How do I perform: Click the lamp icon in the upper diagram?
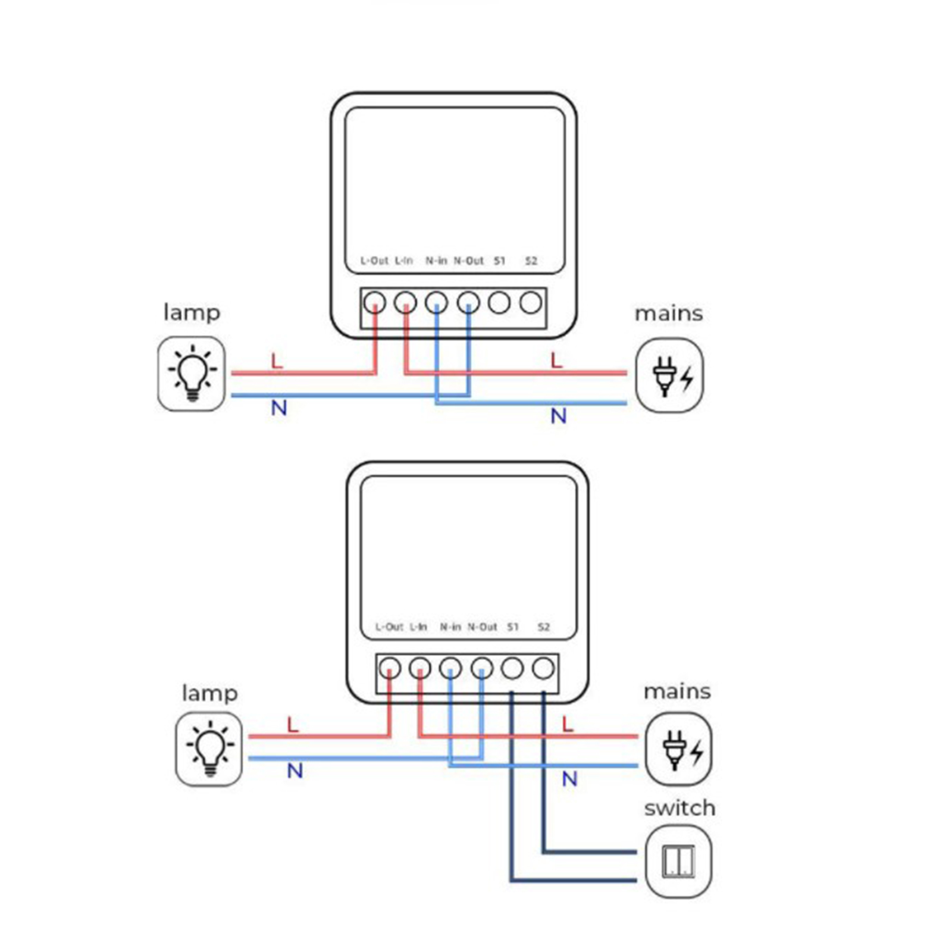(x=192, y=373)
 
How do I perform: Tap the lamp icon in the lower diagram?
(x=209, y=749)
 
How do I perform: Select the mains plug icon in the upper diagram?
(x=669, y=375)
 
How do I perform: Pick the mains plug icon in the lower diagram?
(x=678, y=749)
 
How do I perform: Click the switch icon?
(x=678, y=860)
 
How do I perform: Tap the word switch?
(x=679, y=808)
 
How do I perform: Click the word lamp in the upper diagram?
(x=192, y=312)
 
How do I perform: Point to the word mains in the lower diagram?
(x=677, y=691)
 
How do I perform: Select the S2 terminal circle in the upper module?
(x=531, y=303)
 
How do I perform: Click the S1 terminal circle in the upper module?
(x=499, y=303)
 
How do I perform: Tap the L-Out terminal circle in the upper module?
(x=375, y=303)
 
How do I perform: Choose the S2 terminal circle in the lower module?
(x=543, y=668)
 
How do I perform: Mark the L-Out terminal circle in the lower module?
(x=390, y=668)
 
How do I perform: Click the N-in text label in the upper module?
(x=436, y=261)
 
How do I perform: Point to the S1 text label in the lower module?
(x=512, y=627)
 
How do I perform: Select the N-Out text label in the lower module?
(x=482, y=627)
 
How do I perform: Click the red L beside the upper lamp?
(x=277, y=361)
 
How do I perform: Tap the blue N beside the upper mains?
(x=558, y=416)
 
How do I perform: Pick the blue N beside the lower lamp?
(x=295, y=771)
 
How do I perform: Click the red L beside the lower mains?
(x=568, y=724)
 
